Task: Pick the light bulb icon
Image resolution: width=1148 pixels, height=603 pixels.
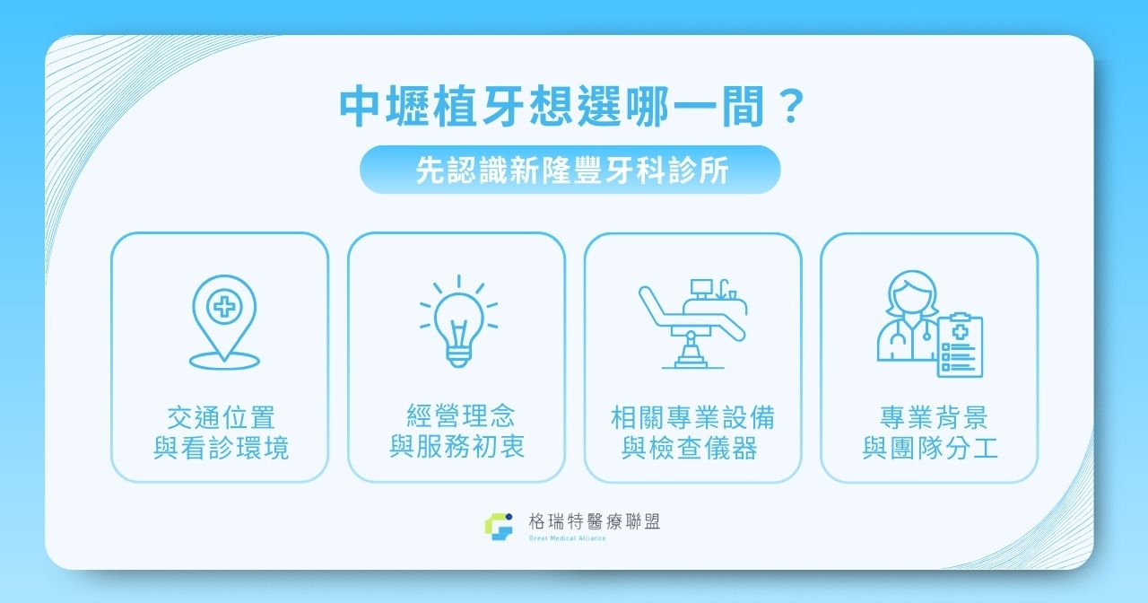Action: click(458, 321)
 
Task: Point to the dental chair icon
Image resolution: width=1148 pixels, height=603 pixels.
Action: click(691, 323)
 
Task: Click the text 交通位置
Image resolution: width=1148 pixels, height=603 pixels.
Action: click(221, 418)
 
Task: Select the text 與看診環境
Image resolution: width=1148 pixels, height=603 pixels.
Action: click(221, 448)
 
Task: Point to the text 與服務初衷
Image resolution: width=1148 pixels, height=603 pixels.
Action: click(457, 446)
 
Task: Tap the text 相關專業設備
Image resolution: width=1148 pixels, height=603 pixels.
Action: click(692, 418)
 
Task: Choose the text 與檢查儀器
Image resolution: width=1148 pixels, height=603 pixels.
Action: click(692, 448)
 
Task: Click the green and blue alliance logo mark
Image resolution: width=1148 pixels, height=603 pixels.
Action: click(498, 528)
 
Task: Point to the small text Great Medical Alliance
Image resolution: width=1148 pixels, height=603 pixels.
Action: click(568, 538)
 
